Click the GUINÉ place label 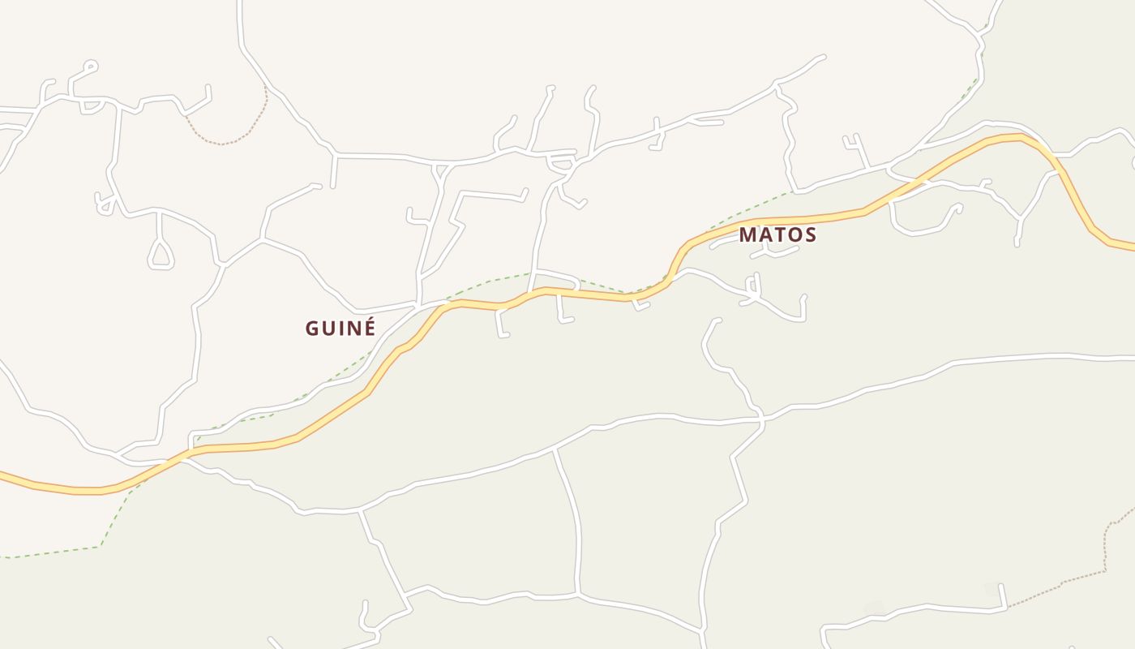pos(340,329)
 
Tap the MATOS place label pos(777,235)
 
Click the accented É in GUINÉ pos(370,329)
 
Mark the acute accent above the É pos(370,320)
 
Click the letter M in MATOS pos(748,235)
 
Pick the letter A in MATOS pos(766,235)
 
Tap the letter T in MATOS pos(779,235)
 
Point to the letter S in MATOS pos(809,235)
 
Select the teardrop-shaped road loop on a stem pos(161,255)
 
